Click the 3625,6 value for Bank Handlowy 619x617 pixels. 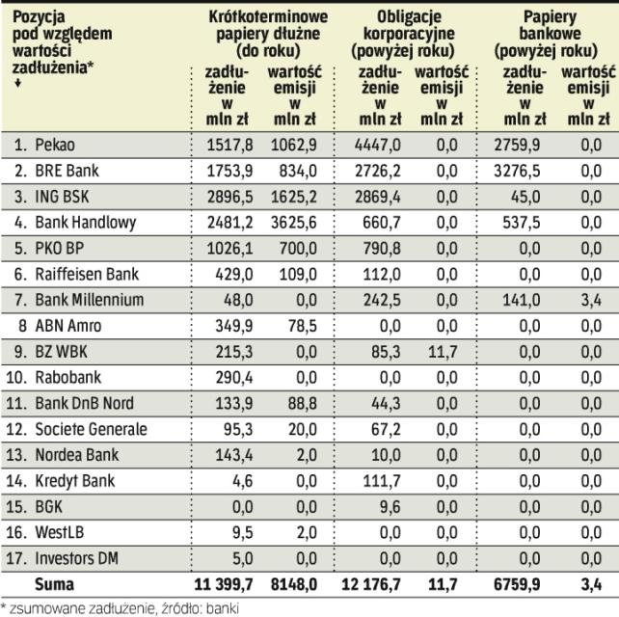294,222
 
